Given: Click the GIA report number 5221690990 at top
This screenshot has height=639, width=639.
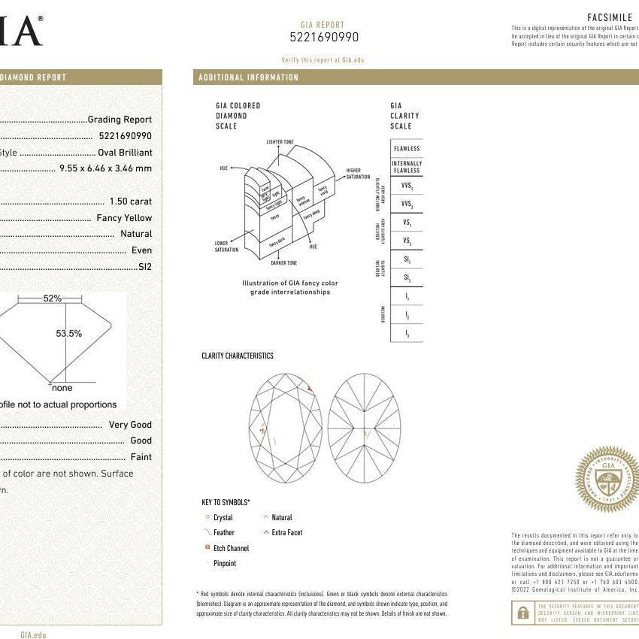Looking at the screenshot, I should [x=324, y=37].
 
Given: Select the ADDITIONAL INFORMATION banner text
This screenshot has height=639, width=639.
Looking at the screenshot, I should [x=248, y=77].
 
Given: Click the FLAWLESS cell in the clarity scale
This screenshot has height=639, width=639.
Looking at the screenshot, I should [x=407, y=149].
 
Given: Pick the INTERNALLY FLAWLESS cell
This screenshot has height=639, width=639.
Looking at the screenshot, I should [x=407, y=166].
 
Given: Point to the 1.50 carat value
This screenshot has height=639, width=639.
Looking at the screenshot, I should [x=130, y=201].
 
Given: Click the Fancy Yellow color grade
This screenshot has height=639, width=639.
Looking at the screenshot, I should [x=124, y=218].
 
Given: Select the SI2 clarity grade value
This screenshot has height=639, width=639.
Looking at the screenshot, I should [x=144, y=267].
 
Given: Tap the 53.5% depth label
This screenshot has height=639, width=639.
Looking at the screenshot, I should [x=69, y=333].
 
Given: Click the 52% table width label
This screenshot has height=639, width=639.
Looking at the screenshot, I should [x=52, y=298].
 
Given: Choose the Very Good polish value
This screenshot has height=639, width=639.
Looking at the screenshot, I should [x=130, y=425].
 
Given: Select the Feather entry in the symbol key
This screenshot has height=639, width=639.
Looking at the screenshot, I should [x=224, y=532].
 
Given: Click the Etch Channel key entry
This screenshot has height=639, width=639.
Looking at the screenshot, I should [x=231, y=548].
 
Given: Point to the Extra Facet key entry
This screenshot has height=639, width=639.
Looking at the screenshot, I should [x=286, y=532].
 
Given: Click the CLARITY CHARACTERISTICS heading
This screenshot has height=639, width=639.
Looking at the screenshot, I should [x=238, y=356].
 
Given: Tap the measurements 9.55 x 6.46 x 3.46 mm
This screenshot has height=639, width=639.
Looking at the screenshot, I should [x=105, y=168].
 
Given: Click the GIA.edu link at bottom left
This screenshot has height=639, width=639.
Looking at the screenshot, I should [x=33, y=635].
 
